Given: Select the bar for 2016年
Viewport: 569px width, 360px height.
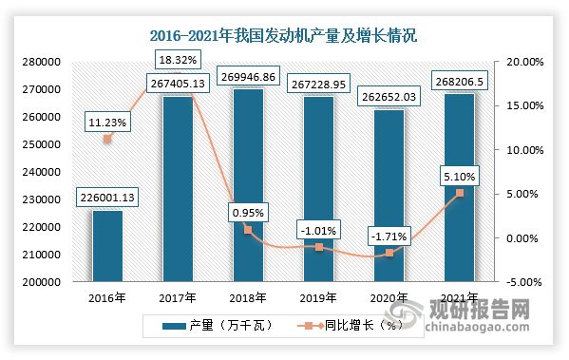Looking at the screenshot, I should [106, 246].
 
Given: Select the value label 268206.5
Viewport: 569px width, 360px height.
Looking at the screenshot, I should [459, 79].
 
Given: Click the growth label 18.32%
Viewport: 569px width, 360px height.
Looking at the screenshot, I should [177, 59].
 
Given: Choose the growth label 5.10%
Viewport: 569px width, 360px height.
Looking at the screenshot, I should [459, 175].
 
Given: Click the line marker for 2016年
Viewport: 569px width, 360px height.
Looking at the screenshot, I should [106, 140].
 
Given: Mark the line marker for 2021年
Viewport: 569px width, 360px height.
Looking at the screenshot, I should [459, 193].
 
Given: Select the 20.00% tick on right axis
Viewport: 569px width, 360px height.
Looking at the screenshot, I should [522, 62].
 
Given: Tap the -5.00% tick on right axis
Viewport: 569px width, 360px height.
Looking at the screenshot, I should [522, 282].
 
